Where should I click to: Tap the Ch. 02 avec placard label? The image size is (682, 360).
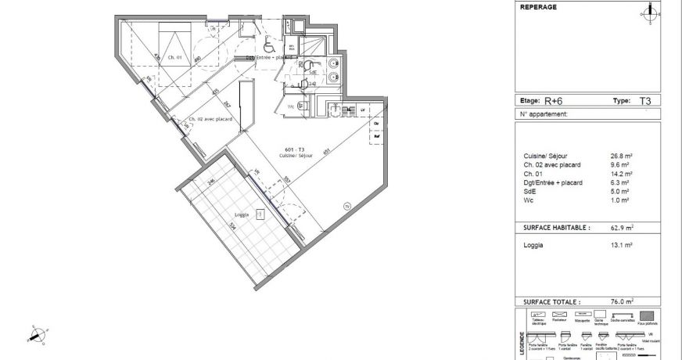tap(208, 120)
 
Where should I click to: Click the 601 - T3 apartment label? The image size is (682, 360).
tap(296, 150)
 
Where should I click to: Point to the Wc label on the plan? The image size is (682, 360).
tap(291, 106)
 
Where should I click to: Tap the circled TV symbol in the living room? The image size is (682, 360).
tap(347, 206)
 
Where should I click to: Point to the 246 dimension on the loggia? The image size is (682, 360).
tap(211, 181)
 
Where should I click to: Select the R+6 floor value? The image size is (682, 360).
tap(554, 101)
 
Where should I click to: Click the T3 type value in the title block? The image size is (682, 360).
tap(645, 101)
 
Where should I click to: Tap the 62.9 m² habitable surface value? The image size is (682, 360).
tap(622, 228)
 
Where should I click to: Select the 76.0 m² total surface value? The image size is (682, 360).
tap(622, 301)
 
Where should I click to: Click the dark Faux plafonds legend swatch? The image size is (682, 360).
tap(645, 314)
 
